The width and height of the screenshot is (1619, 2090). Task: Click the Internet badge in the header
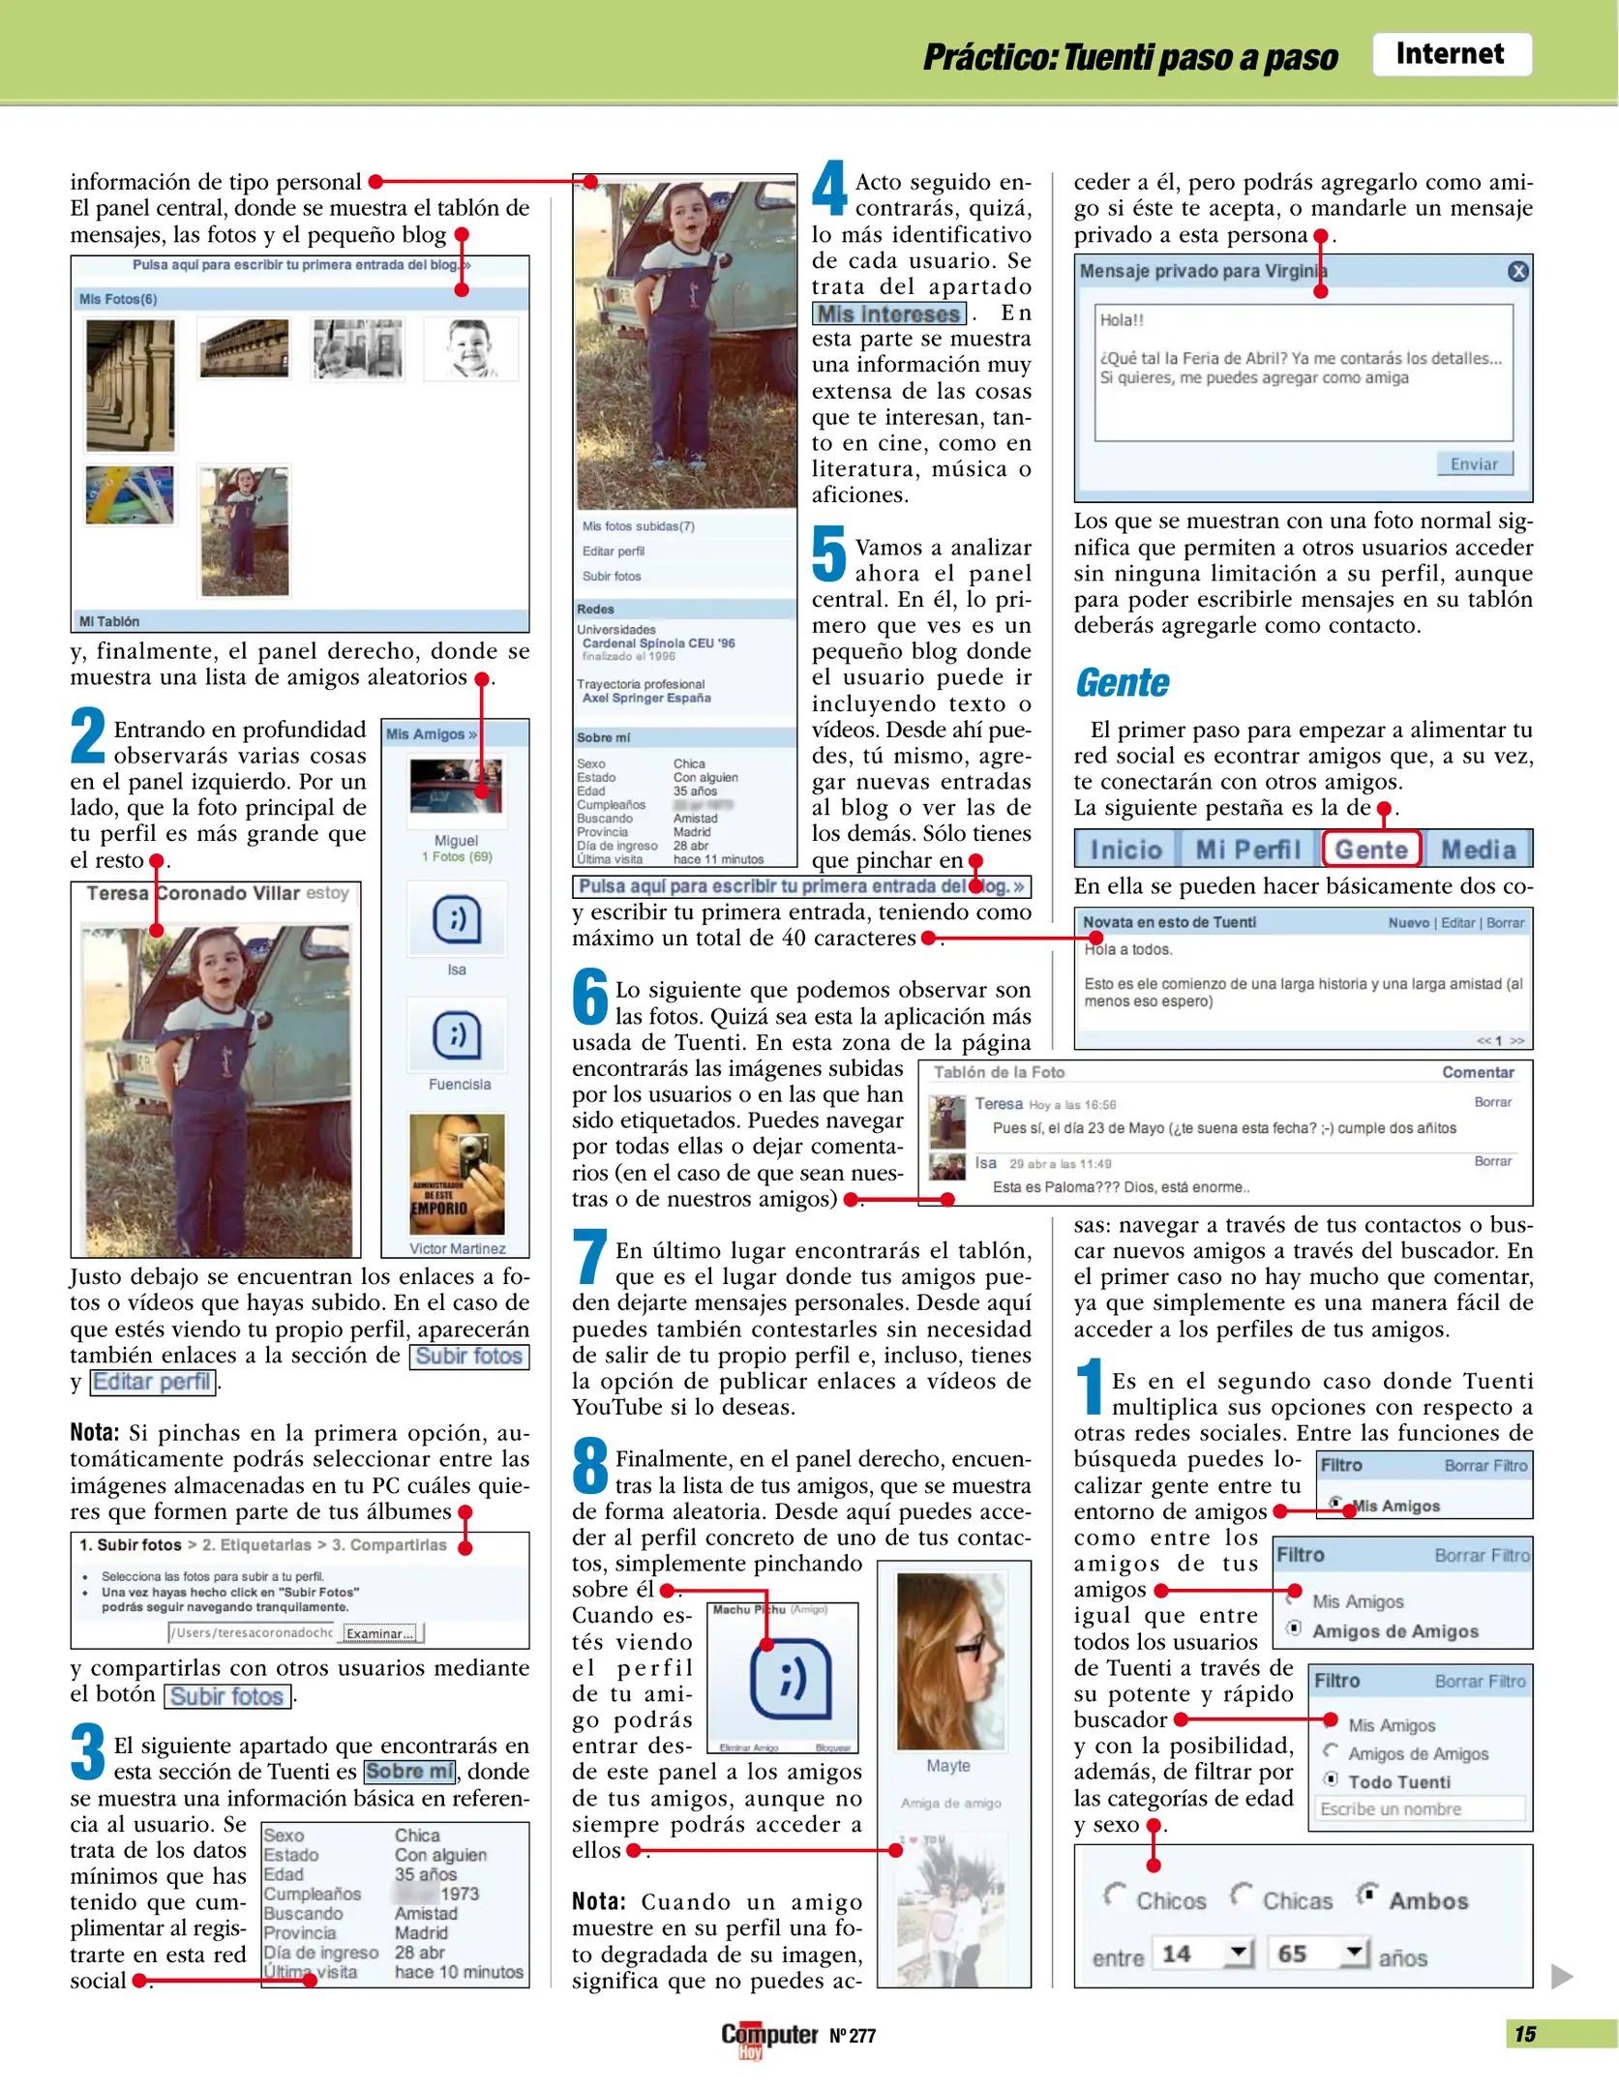pyautogui.click(x=1450, y=54)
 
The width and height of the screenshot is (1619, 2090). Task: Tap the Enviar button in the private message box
pyautogui.click(x=1473, y=463)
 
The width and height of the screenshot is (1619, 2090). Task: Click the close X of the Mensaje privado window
pyautogui.click(x=1517, y=272)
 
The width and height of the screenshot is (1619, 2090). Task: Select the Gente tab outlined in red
pyautogui.click(x=1370, y=850)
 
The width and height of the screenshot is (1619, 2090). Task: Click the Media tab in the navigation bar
pyautogui.click(x=1478, y=850)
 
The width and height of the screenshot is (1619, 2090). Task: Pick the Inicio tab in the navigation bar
pyautogui.click(x=1125, y=850)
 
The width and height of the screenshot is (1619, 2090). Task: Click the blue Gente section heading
pyautogui.click(x=1123, y=683)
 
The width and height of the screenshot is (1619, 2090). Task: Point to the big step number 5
pyautogui.click(x=828, y=552)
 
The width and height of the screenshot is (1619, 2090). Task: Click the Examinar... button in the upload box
pyautogui.click(x=380, y=1633)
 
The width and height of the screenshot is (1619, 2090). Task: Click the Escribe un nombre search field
pyautogui.click(x=1419, y=1809)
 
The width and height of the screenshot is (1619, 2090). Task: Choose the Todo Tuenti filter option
pyautogui.click(x=1332, y=1779)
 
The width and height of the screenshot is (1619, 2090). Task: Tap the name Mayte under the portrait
pyautogui.click(x=947, y=1766)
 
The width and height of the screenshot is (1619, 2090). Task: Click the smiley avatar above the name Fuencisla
pyautogui.click(x=457, y=1034)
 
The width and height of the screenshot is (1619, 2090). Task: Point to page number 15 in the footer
pyautogui.click(x=1524, y=2034)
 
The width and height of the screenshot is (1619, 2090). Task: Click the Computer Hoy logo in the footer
pyautogui.click(x=768, y=2037)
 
